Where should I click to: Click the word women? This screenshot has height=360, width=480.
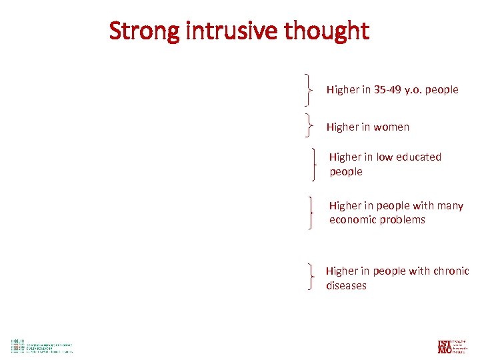click(391, 127)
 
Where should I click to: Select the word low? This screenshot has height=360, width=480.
click(385, 157)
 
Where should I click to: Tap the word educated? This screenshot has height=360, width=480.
click(419, 157)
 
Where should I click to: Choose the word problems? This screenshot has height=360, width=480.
click(401, 220)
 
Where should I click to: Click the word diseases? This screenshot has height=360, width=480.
click(346, 286)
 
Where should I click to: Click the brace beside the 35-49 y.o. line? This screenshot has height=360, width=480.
click(308, 90)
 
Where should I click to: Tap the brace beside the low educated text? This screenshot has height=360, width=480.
click(314, 164)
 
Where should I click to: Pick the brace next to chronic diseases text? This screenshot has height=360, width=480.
click(311, 276)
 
